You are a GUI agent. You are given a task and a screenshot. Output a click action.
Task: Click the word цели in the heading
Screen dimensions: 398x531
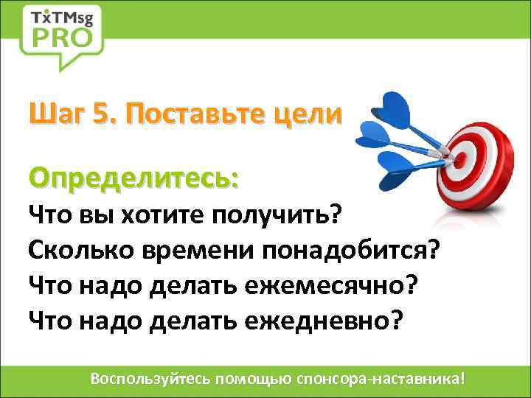click(313, 114)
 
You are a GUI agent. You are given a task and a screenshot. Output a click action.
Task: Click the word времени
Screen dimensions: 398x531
click(194, 250)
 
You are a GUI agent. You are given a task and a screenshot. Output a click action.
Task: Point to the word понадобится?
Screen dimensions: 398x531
click(350, 250)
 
